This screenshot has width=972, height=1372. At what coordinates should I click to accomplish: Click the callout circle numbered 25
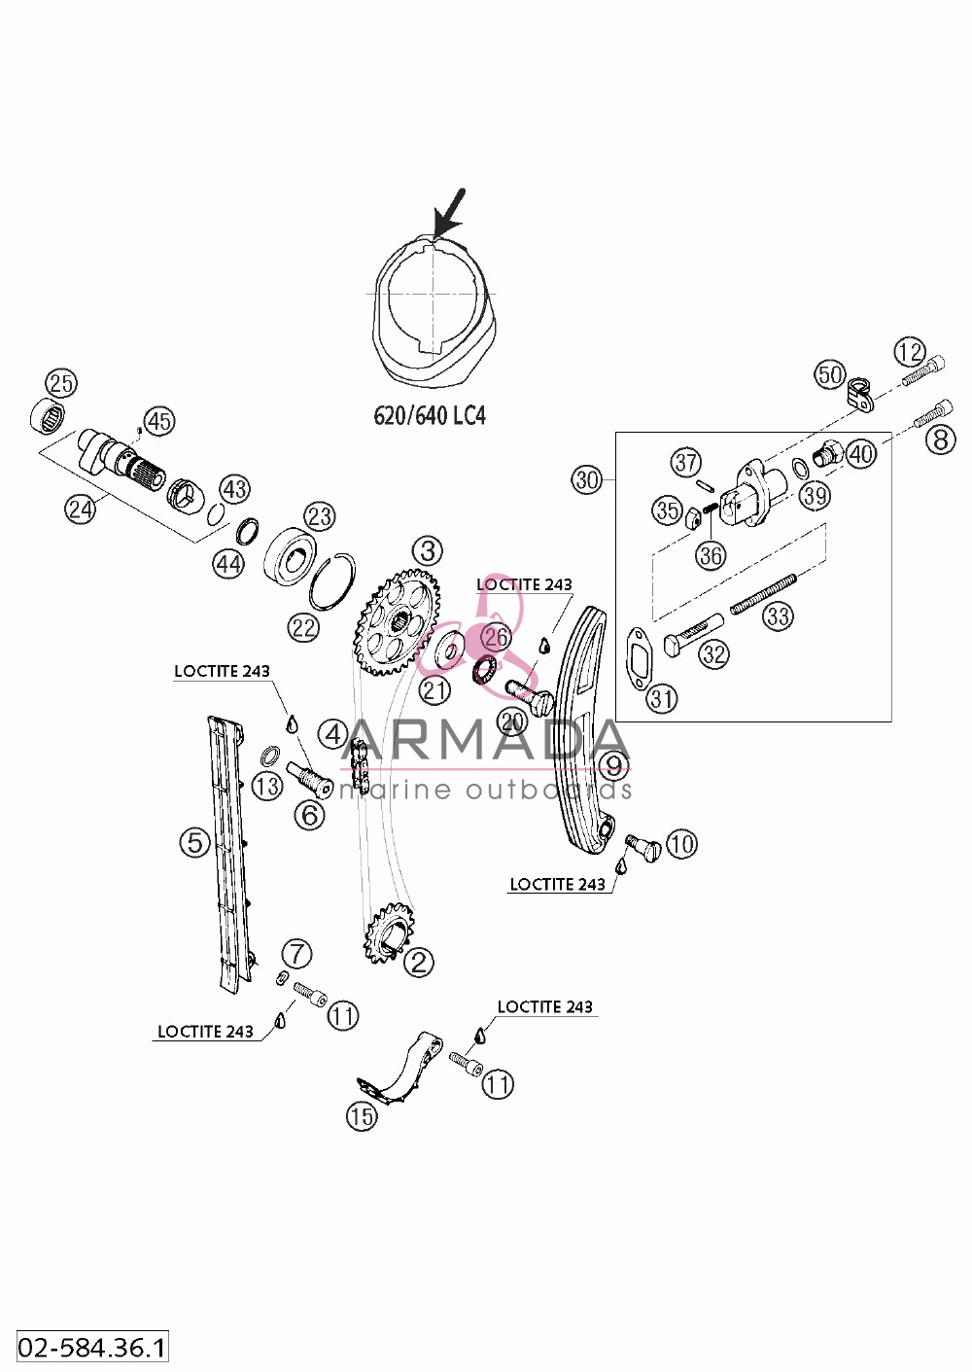61,384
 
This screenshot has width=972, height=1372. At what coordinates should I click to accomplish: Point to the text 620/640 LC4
429,416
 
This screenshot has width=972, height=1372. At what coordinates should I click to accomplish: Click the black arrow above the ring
449,213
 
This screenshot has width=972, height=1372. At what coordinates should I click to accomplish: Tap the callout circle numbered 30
587,479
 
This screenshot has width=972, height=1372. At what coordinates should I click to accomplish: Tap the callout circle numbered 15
362,1115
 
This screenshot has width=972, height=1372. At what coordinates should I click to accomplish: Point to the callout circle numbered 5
194,843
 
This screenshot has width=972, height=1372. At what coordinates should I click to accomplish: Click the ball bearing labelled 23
290,555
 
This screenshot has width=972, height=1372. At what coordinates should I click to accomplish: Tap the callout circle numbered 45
159,421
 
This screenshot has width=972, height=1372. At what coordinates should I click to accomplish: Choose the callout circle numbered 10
681,845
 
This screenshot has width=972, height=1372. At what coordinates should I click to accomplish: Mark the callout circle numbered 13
267,787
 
